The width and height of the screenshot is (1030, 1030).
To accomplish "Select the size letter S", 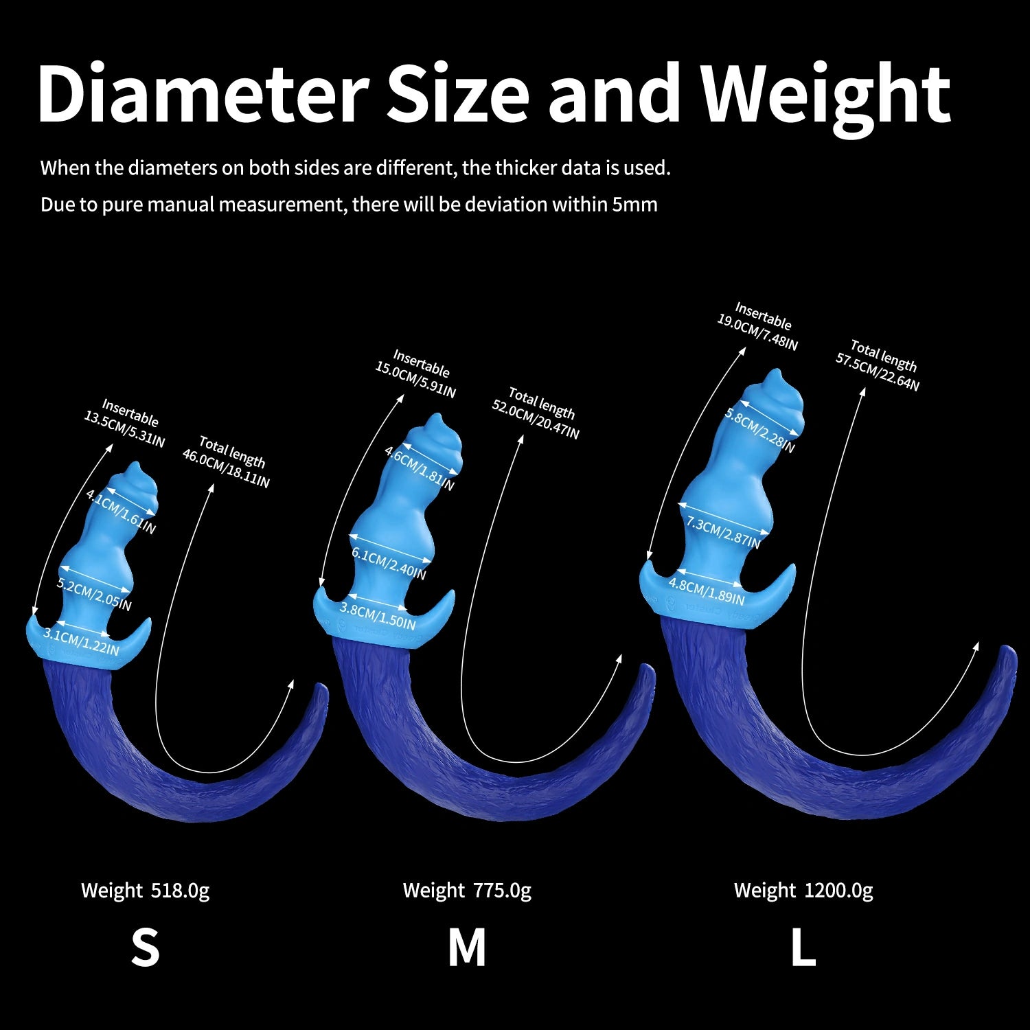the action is [x=145, y=948].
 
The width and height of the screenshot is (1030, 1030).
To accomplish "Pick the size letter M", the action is [x=467, y=948].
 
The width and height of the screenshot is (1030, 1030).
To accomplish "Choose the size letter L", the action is [x=803, y=948].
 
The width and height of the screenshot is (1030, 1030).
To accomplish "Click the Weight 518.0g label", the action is [x=145, y=891].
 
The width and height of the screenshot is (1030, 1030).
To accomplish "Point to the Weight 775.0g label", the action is [x=467, y=891].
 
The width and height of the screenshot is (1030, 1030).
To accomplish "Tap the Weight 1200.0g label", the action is [x=803, y=891].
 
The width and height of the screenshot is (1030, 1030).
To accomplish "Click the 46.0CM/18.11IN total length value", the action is [x=226, y=467].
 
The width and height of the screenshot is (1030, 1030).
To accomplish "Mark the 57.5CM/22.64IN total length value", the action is [x=877, y=371].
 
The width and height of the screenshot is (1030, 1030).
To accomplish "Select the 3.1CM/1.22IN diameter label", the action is [x=82, y=641].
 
